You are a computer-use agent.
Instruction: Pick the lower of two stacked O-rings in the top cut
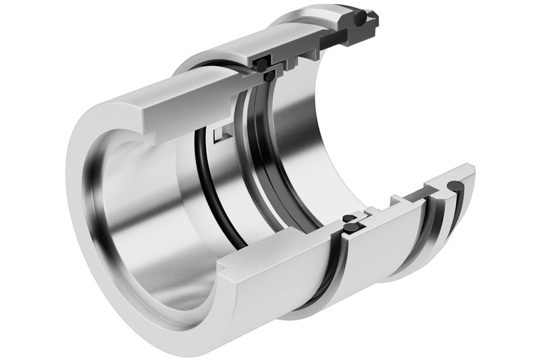(x=270, y=77)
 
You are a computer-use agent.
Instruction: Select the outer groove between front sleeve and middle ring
(x=324, y=278)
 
